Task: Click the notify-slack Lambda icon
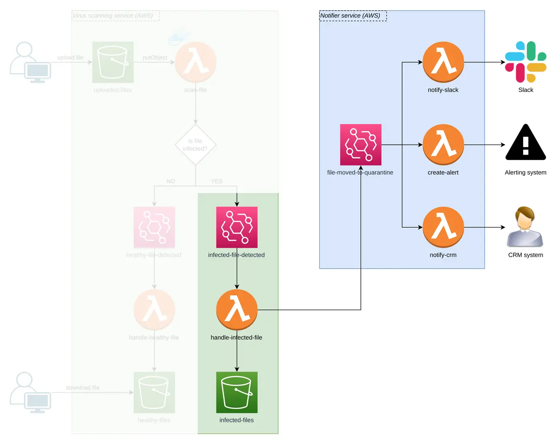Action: [443, 62]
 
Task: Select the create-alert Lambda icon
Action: [443, 145]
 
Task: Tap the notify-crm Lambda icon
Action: [443, 227]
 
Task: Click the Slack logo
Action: [525, 62]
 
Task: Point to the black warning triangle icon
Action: [525, 143]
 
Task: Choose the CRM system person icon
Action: [525, 227]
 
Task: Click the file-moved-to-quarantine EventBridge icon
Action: [360, 145]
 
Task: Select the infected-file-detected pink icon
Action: [237, 227]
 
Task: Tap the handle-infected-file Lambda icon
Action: [237, 310]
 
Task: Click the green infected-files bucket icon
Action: [237, 392]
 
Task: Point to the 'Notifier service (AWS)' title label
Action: [350, 16]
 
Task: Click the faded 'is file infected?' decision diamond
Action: [195, 145]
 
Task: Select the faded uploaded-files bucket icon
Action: [113, 62]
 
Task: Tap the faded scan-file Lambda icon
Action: [195, 62]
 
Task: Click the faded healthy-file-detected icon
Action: [154, 227]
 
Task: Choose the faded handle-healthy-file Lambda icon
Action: [154, 310]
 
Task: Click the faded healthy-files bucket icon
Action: [154, 392]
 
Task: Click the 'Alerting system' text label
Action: [525, 173]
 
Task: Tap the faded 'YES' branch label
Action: [217, 181]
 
